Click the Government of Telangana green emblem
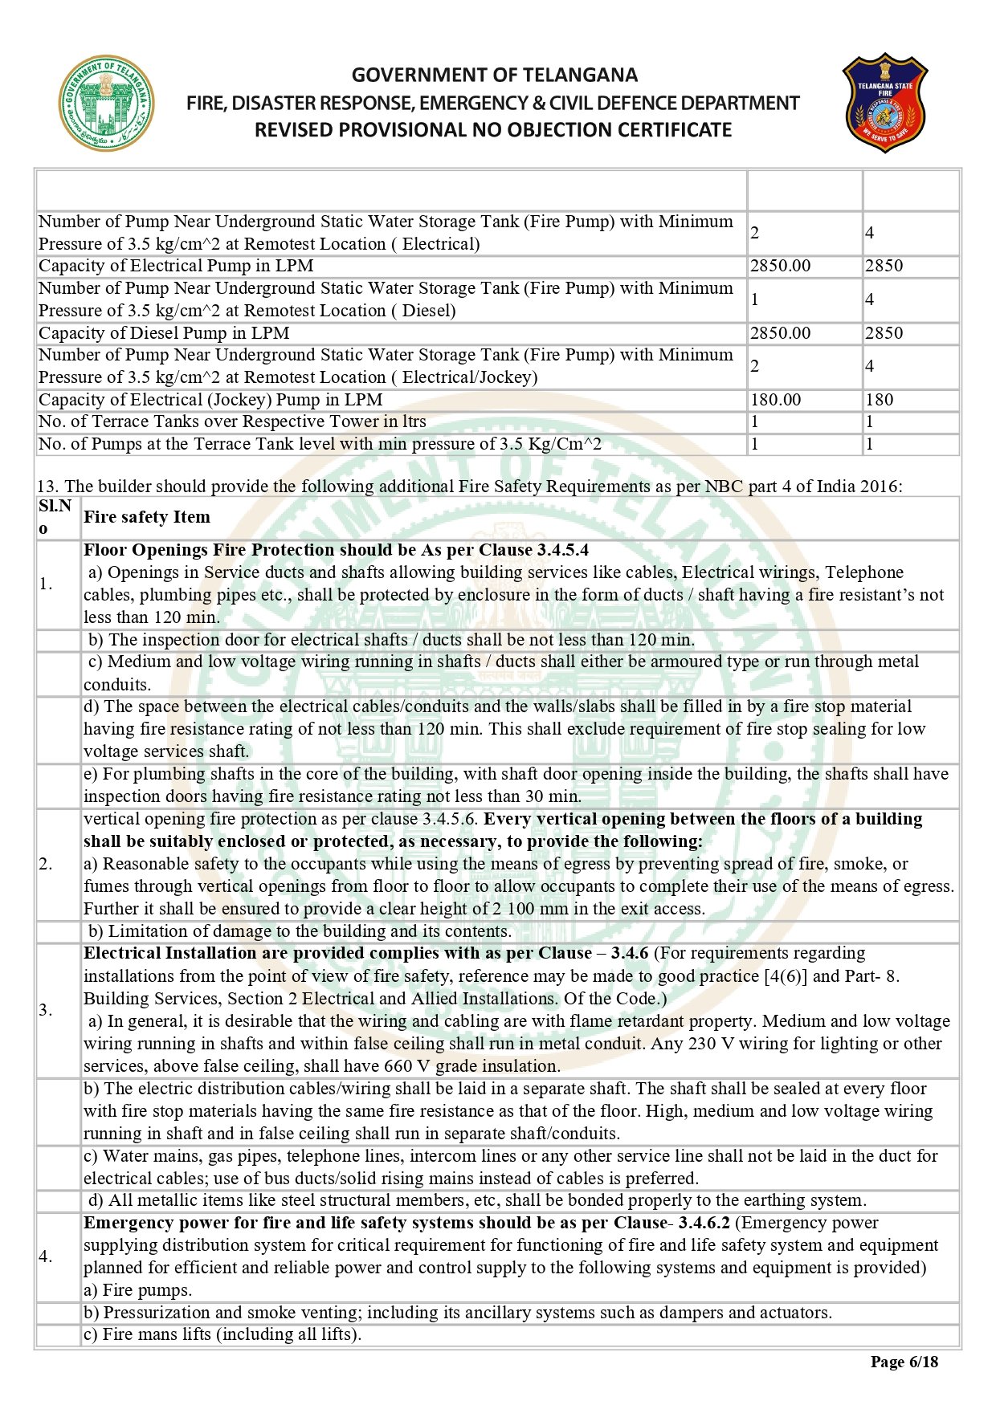click(x=105, y=104)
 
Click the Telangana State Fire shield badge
click(x=884, y=103)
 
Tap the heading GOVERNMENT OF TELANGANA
click(x=494, y=75)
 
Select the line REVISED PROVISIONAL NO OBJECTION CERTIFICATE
click(x=493, y=130)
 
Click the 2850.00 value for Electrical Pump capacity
click(x=780, y=266)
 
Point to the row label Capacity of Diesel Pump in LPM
click(x=164, y=333)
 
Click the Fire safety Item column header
click(x=147, y=517)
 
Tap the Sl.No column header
click(x=55, y=516)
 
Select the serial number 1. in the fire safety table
click(x=46, y=584)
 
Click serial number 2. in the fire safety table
click(x=46, y=864)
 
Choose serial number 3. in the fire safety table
click(x=46, y=1010)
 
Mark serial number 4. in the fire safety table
click(x=46, y=1256)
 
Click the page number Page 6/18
click(x=904, y=1362)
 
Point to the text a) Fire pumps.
click(x=138, y=1290)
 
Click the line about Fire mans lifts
click(x=222, y=1334)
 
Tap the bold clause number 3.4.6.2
click(x=704, y=1223)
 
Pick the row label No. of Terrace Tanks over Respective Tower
click(x=232, y=421)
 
